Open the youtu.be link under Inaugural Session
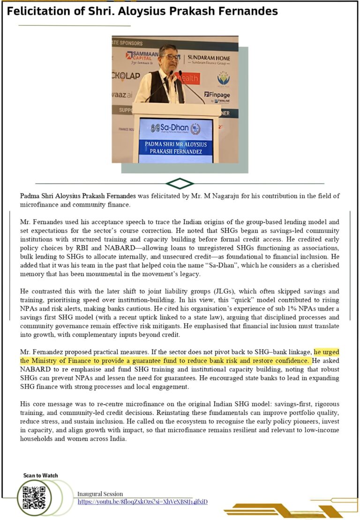click(142, 502)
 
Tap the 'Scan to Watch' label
click(41, 475)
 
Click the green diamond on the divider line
click(180, 183)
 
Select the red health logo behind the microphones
click(190, 78)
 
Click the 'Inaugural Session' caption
click(100, 494)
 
